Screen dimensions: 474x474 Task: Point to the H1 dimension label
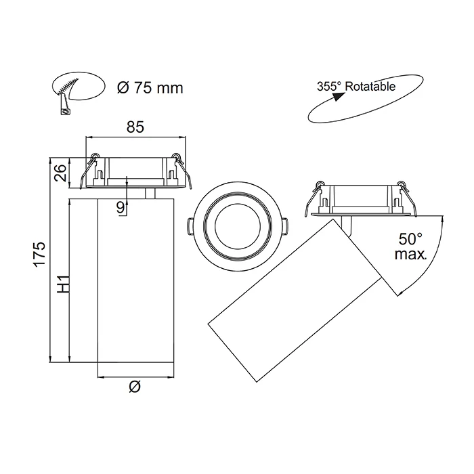[63, 283]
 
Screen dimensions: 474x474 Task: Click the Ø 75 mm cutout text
[150, 88]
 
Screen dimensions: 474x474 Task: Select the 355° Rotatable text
[355, 87]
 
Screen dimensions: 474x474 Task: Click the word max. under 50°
[410, 255]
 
